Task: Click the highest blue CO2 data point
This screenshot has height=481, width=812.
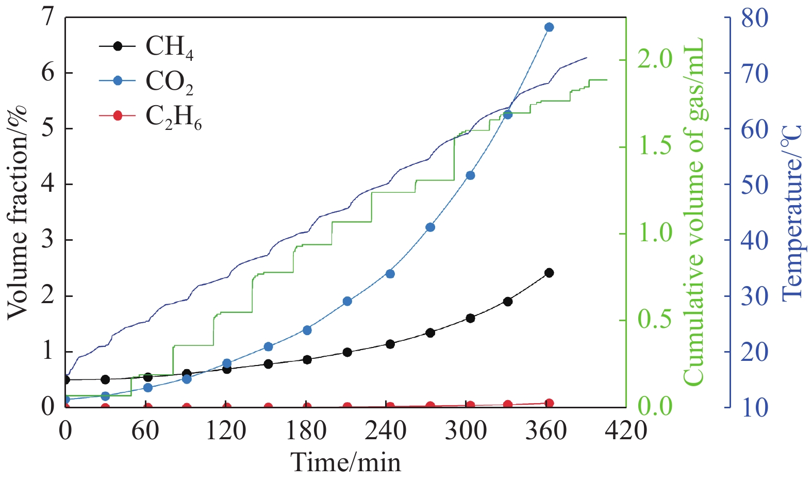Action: (x=549, y=27)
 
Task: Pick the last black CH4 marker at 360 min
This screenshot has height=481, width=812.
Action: (x=549, y=273)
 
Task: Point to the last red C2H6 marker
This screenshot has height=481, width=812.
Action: (x=549, y=403)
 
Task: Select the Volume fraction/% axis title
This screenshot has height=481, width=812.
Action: (x=18, y=211)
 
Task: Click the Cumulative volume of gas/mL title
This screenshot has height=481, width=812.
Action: (x=693, y=211)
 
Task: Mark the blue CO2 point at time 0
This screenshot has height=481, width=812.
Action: (x=66, y=400)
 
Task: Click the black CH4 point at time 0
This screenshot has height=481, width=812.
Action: (x=66, y=380)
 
